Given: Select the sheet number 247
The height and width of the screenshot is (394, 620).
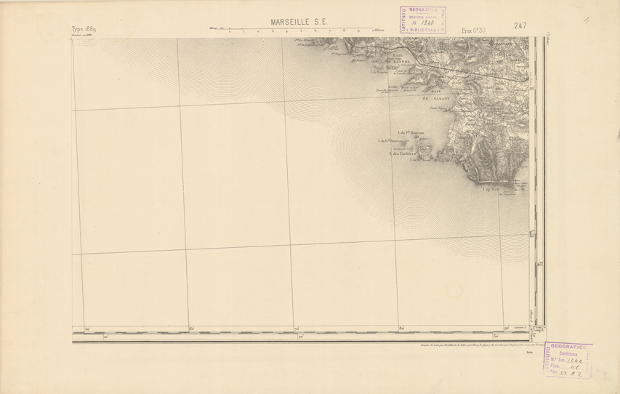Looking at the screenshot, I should (520, 26).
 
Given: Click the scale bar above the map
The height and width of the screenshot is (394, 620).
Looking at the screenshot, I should (291, 31).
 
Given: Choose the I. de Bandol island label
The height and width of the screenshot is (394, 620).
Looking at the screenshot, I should (379, 71).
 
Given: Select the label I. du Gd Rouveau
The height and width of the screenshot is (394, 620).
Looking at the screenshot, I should (390, 141).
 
